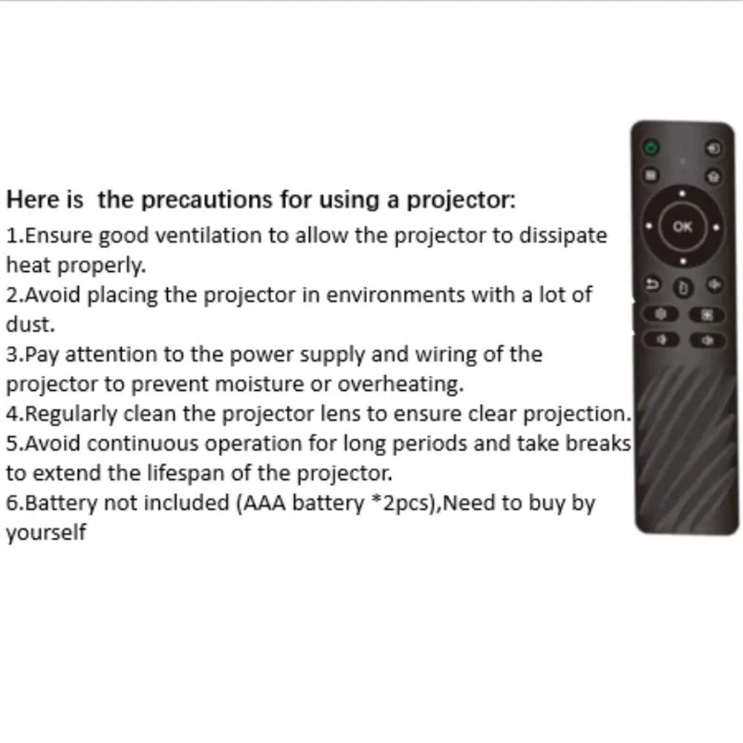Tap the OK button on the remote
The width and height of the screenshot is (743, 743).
coord(681,227)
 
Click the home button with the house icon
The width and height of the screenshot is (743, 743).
coord(714,176)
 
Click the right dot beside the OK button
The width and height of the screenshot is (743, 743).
coord(715,227)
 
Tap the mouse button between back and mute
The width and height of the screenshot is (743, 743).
coord(682,287)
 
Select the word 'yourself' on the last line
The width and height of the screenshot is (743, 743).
coord(46,533)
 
